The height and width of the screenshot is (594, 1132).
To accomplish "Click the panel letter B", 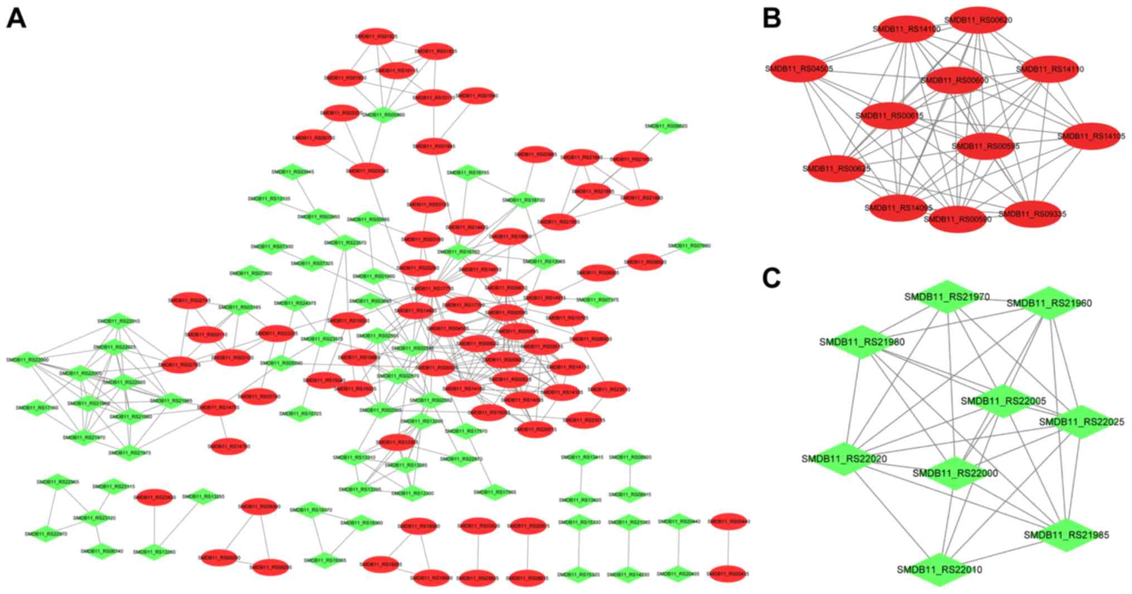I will (x=771, y=18).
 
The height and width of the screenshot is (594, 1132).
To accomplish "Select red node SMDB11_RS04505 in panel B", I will (x=799, y=69).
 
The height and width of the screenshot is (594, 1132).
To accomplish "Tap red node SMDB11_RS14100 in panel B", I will (x=907, y=29).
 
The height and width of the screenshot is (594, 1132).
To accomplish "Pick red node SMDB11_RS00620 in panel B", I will (x=978, y=20).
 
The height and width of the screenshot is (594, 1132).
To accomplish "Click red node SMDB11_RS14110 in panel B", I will (x=1050, y=69).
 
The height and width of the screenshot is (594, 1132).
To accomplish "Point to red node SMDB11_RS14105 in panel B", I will (x=1091, y=136).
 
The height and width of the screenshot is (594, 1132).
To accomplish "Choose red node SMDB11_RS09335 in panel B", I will (x=1032, y=214).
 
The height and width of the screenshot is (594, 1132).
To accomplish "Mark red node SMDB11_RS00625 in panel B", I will (x=836, y=168).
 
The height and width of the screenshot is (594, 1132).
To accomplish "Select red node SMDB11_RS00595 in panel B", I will (x=985, y=146).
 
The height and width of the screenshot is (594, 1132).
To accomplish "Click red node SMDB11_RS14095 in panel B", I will (x=898, y=207).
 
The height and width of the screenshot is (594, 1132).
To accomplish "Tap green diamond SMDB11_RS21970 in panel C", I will (x=947, y=297).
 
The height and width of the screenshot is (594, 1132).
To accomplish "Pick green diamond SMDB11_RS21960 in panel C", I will (x=1049, y=303).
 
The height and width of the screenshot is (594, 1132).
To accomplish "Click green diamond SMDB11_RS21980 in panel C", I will (x=862, y=341).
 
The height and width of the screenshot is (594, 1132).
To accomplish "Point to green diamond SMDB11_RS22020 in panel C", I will (x=844, y=458).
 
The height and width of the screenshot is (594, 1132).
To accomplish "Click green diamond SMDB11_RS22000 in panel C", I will (x=955, y=473).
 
